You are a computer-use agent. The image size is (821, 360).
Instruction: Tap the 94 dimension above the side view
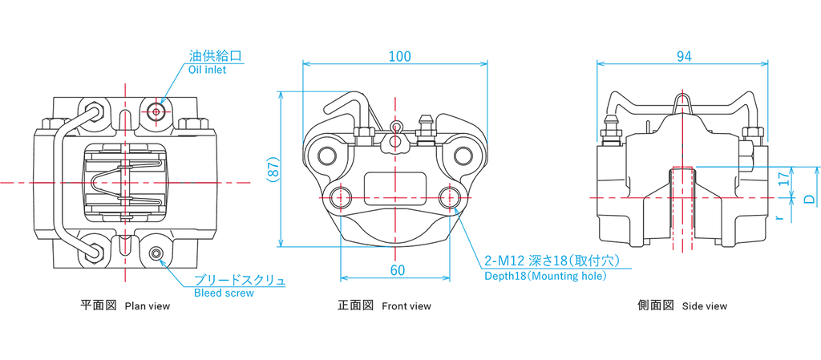click(x=683, y=55)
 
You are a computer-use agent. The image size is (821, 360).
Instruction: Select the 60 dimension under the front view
click(x=396, y=269)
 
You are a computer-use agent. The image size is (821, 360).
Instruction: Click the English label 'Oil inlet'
click(x=208, y=70)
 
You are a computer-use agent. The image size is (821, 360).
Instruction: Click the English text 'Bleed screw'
click(x=224, y=293)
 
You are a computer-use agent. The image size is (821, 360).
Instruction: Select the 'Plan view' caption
click(x=148, y=305)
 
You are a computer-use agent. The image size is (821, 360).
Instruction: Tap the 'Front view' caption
click(x=406, y=305)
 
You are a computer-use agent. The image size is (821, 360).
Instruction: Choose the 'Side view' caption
click(x=705, y=305)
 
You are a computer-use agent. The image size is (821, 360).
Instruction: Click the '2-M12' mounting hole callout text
click(x=503, y=261)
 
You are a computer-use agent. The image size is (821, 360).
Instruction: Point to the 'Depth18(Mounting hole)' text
click(x=545, y=276)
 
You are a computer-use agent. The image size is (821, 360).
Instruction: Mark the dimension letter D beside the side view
click(x=809, y=196)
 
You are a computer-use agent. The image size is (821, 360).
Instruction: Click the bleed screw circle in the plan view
click(x=157, y=254)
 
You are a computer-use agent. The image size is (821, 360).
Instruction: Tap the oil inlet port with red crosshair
click(x=156, y=111)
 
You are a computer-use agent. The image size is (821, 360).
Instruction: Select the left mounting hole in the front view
click(x=341, y=196)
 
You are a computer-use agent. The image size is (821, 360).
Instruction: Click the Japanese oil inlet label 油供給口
click(x=216, y=56)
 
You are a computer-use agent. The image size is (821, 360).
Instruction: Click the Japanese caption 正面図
click(x=355, y=305)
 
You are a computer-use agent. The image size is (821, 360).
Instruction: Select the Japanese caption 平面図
click(x=98, y=305)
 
